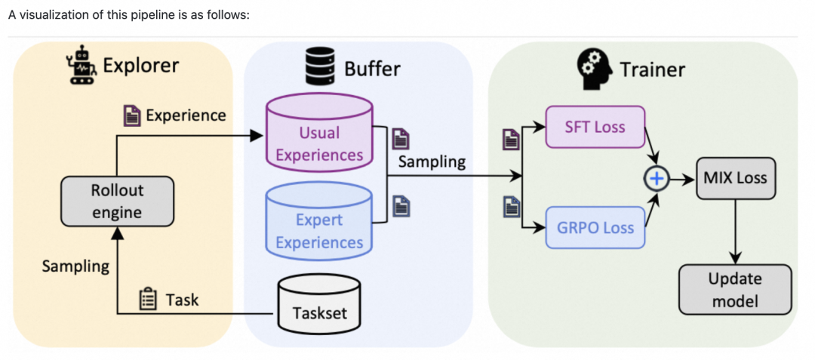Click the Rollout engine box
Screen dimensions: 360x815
click(x=117, y=202)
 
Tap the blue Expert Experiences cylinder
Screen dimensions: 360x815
click(x=319, y=220)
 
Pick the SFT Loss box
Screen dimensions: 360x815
click(x=595, y=127)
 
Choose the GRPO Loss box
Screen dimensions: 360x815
click(x=595, y=226)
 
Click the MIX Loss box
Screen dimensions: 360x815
click(x=734, y=178)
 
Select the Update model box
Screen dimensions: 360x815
click(x=734, y=290)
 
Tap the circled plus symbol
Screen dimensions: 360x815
click(x=657, y=178)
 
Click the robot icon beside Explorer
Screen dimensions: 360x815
click(x=80, y=65)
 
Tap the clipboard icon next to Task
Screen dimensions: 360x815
click(x=149, y=300)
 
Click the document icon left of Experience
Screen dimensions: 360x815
click(x=131, y=115)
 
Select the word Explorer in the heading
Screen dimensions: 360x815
click(x=141, y=66)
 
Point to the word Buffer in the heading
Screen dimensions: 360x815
click(x=372, y=69)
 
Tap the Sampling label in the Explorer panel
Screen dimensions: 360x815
click(x=75, y=266)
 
